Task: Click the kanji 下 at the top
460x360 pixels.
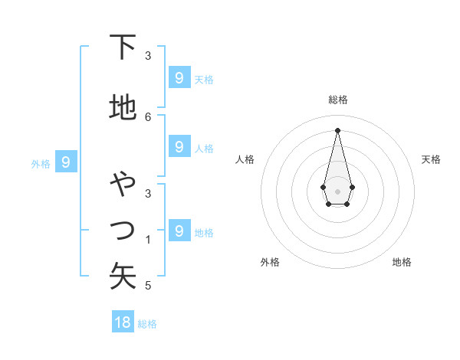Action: [123, 48]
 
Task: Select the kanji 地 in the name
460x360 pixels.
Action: [123, 108]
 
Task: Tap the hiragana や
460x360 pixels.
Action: [123, 185]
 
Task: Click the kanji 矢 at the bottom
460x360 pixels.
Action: [123, 276]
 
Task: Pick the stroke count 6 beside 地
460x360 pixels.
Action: [148, 116]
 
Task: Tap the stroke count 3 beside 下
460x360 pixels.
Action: [148, 56]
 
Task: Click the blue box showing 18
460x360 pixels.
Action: [123, 322]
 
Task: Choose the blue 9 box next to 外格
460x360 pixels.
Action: [67, 162]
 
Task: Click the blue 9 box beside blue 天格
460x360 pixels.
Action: [179, 77]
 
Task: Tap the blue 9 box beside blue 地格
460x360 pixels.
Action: [179, 230]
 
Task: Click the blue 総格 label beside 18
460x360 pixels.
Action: [147, 324]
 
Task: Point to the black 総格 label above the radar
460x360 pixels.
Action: [338, 100]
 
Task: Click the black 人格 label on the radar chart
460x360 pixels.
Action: [245, 159]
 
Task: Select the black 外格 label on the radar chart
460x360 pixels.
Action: [270, 262]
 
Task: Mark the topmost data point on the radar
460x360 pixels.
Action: [337, 129]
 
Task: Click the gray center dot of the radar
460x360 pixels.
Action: [337, 190]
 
